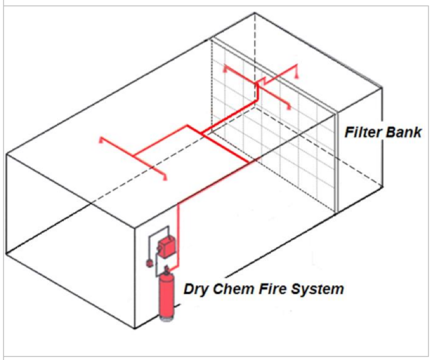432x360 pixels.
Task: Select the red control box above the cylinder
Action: [170, 245]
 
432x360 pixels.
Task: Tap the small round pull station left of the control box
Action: [149, 263]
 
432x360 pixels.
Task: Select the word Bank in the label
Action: [403, 132]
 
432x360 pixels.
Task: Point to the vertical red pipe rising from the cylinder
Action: [178, 235]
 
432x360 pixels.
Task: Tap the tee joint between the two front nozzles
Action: [134, 157]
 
